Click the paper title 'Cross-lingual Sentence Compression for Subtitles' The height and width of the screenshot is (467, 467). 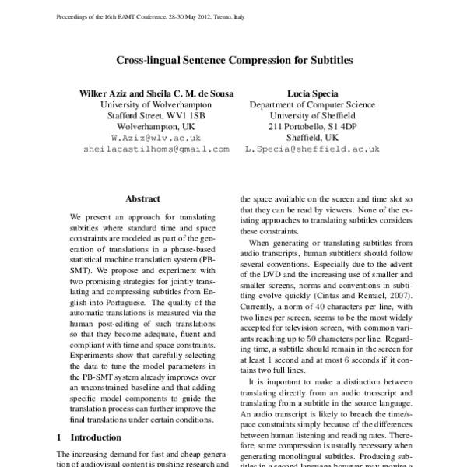[x=233, y=59]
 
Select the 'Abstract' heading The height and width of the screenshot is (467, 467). [x=142, y=199]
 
